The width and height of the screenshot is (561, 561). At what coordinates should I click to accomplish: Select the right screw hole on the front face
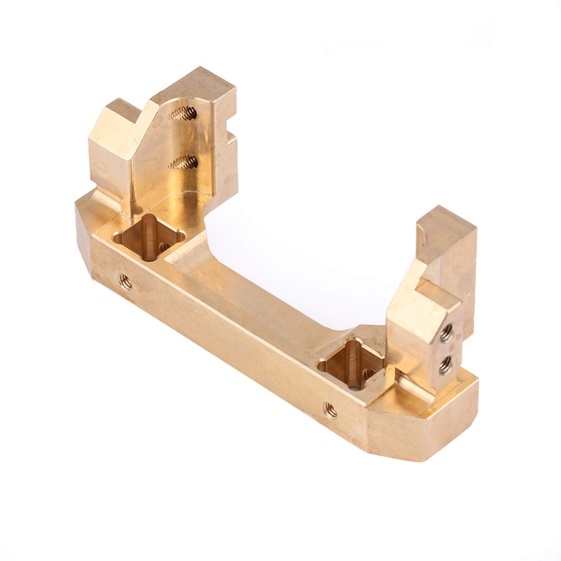(x=330, y=410)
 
